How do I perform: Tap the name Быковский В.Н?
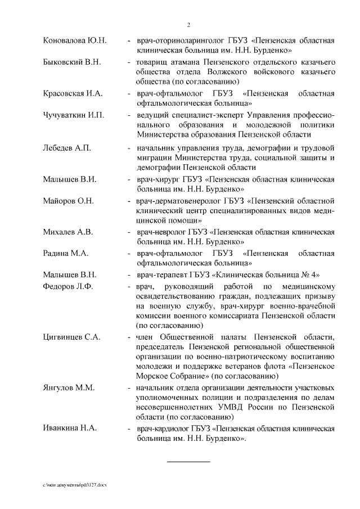pos(72,62)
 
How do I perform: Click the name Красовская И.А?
pos(72,93)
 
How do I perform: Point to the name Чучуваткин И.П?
pos(74,115)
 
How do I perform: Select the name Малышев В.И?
pos(70,179)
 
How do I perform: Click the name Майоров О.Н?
pos(69,200)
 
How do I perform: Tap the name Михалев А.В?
pos(68,232)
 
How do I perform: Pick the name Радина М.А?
pos(66,253)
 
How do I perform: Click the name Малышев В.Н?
pos(70,274)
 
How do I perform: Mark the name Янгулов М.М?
pos(69,388)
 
